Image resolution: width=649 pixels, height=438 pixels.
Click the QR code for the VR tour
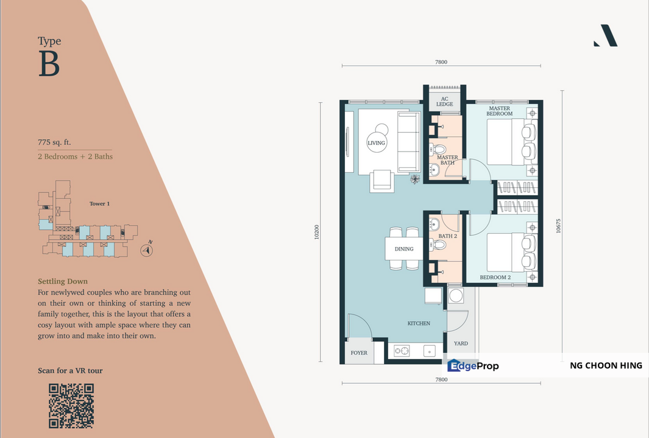(71, 406)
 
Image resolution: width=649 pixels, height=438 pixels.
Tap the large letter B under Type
(49, 64)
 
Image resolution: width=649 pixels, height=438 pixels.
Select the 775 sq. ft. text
(54, 142)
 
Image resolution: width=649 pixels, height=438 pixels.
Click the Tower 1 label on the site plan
(99, 204)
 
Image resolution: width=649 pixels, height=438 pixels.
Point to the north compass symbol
(146, 250)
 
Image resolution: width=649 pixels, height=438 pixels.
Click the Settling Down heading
(63, 282)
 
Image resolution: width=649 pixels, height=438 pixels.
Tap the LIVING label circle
(376, 143)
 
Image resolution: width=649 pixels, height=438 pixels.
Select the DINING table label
(404, 249)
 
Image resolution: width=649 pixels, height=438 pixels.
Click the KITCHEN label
(419, 323)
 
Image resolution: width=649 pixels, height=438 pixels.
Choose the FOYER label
(359, 353)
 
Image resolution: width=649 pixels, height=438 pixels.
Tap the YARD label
(461, 343)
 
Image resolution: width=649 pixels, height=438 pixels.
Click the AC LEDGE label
(444, 102)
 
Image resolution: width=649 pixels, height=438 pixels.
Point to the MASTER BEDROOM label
(500, 111)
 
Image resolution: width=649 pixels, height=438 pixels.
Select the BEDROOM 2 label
(495, 277)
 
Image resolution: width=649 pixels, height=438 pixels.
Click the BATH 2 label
(448, 236)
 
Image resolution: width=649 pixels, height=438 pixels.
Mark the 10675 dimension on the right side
(558, 226)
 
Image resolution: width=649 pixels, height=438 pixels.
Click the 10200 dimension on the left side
(317, 232)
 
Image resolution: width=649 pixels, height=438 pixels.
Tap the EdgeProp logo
(473, 365)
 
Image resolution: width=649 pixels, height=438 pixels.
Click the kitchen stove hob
(402, 351)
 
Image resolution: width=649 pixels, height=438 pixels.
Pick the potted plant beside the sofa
(415, 179)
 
